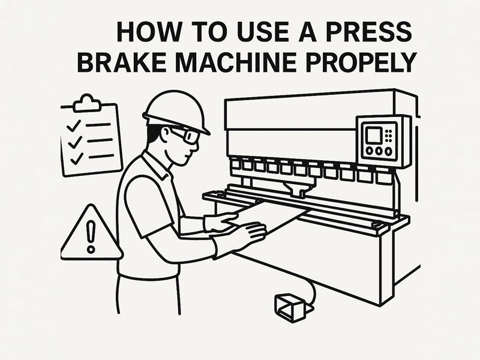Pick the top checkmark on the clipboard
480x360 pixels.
(x=74, y=127)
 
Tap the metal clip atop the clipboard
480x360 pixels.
(x=88, y=103)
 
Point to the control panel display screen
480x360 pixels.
(x=374, y=134)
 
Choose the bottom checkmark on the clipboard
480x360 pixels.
(x=75, y=158)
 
